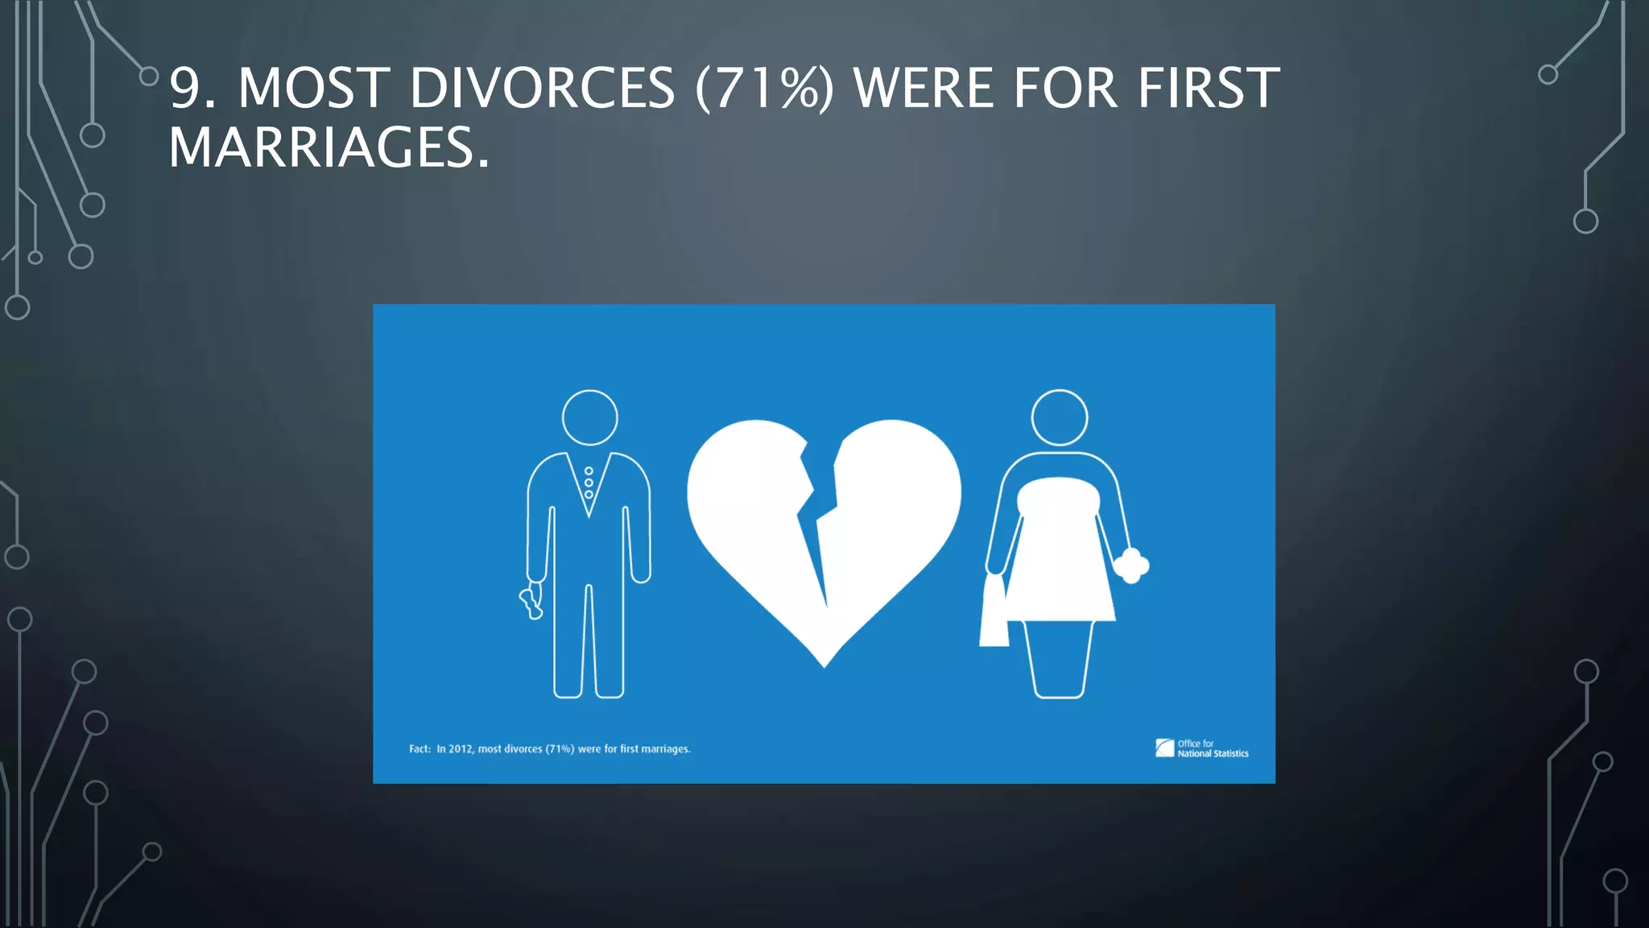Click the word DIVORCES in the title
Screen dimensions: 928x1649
click(x=542, y=88)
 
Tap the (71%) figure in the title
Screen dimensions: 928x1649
click(x=764, y=88)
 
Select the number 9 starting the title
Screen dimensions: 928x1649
click(x=184, y=88)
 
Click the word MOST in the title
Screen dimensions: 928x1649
click(x=314, y=88)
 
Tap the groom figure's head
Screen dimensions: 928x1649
click(x=589, y=417)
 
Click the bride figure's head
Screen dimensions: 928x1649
click(x=1060, y=417)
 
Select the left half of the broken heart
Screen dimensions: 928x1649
click(x=749, y=516)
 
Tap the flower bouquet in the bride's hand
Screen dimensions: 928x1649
click(x=1132, y=565)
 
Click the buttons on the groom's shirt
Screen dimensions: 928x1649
click(x=589, y=483)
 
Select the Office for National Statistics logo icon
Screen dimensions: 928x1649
click(x=1164, y=748)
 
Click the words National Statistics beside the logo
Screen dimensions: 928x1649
click(x=1213, y=754)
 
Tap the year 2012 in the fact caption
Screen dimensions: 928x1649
click(x=461, y=749)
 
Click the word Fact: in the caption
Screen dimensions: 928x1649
click(x=419, y=749)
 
